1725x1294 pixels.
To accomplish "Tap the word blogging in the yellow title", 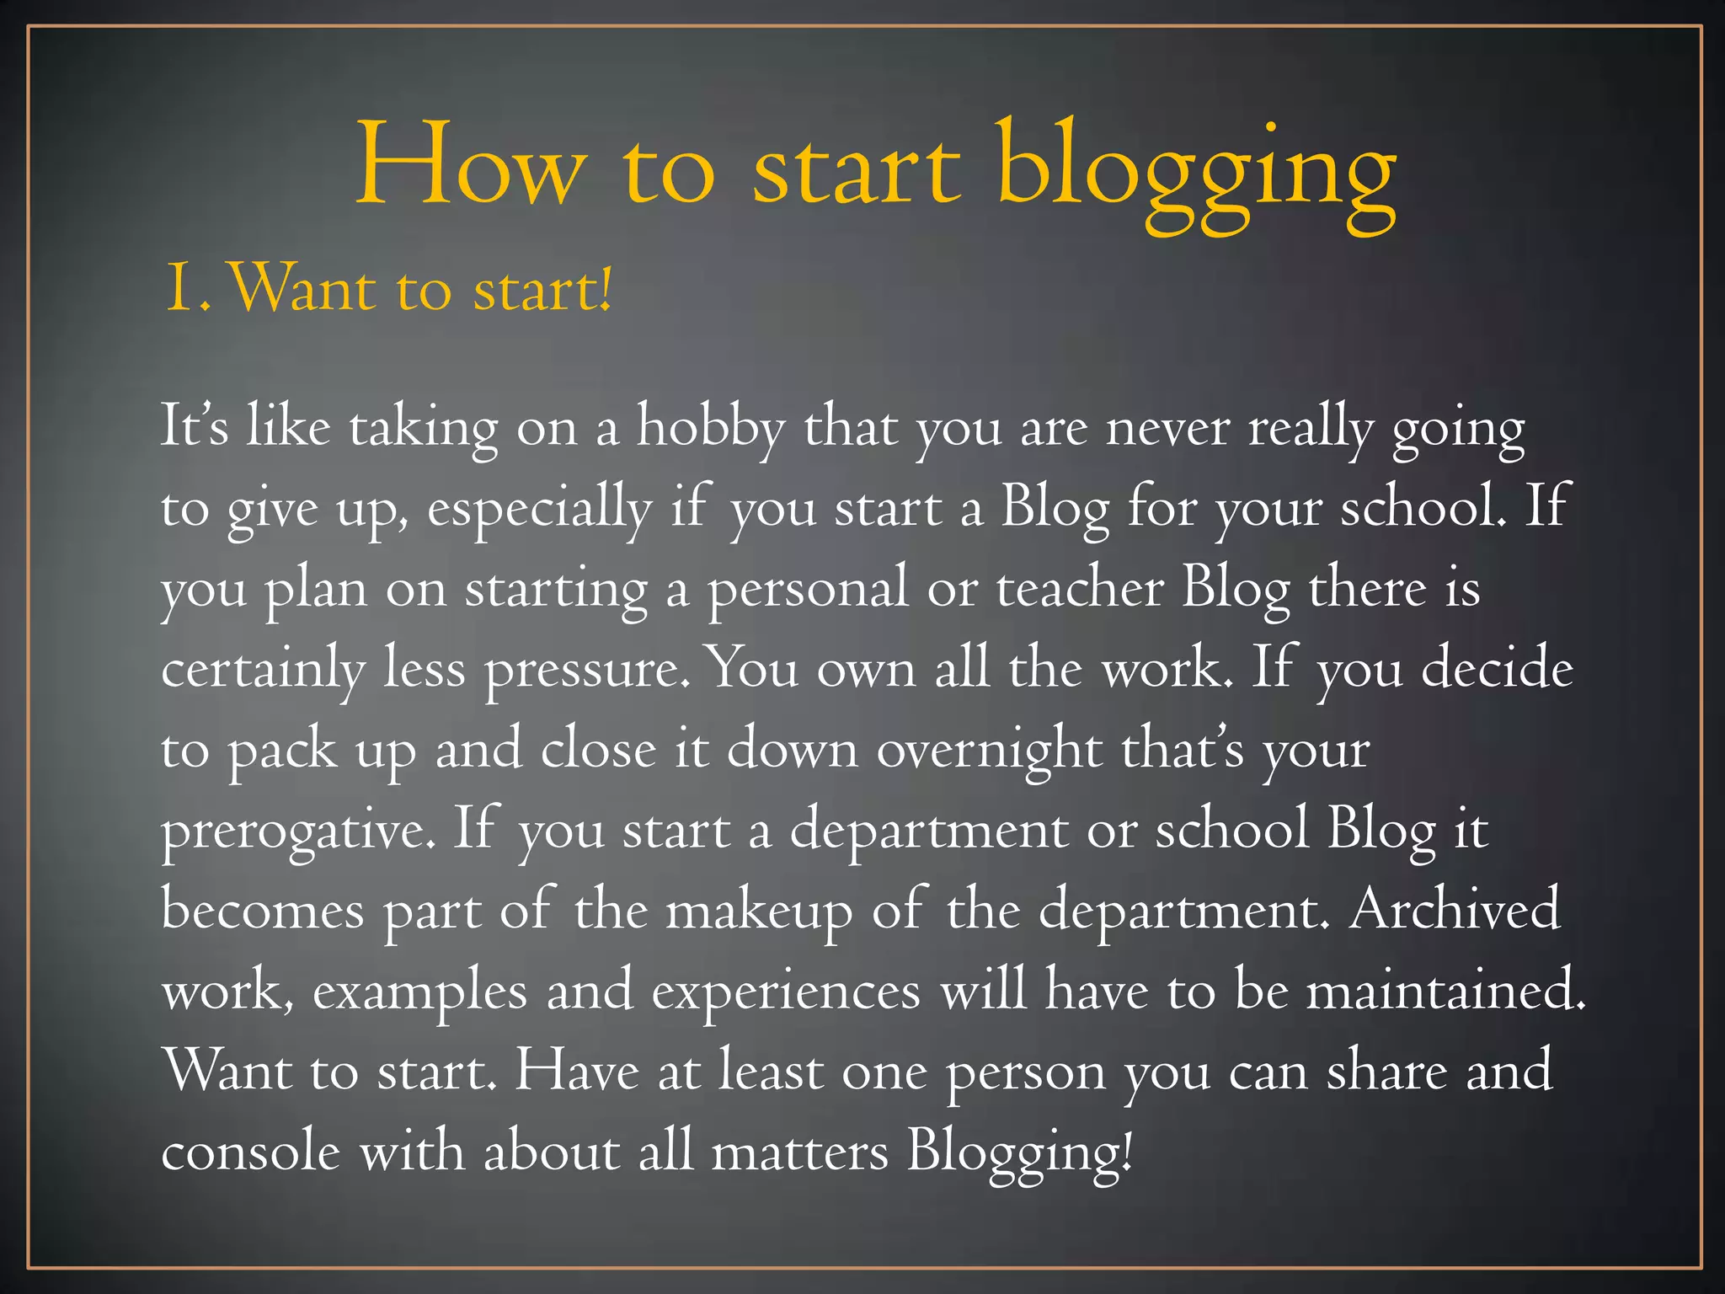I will (1196, 173).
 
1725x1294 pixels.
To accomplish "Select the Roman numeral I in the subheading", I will (179, 289).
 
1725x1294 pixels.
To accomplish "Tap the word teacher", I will (1080, 589).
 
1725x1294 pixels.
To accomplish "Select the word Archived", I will (1455, 910).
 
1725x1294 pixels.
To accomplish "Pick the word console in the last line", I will (251, 1152).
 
